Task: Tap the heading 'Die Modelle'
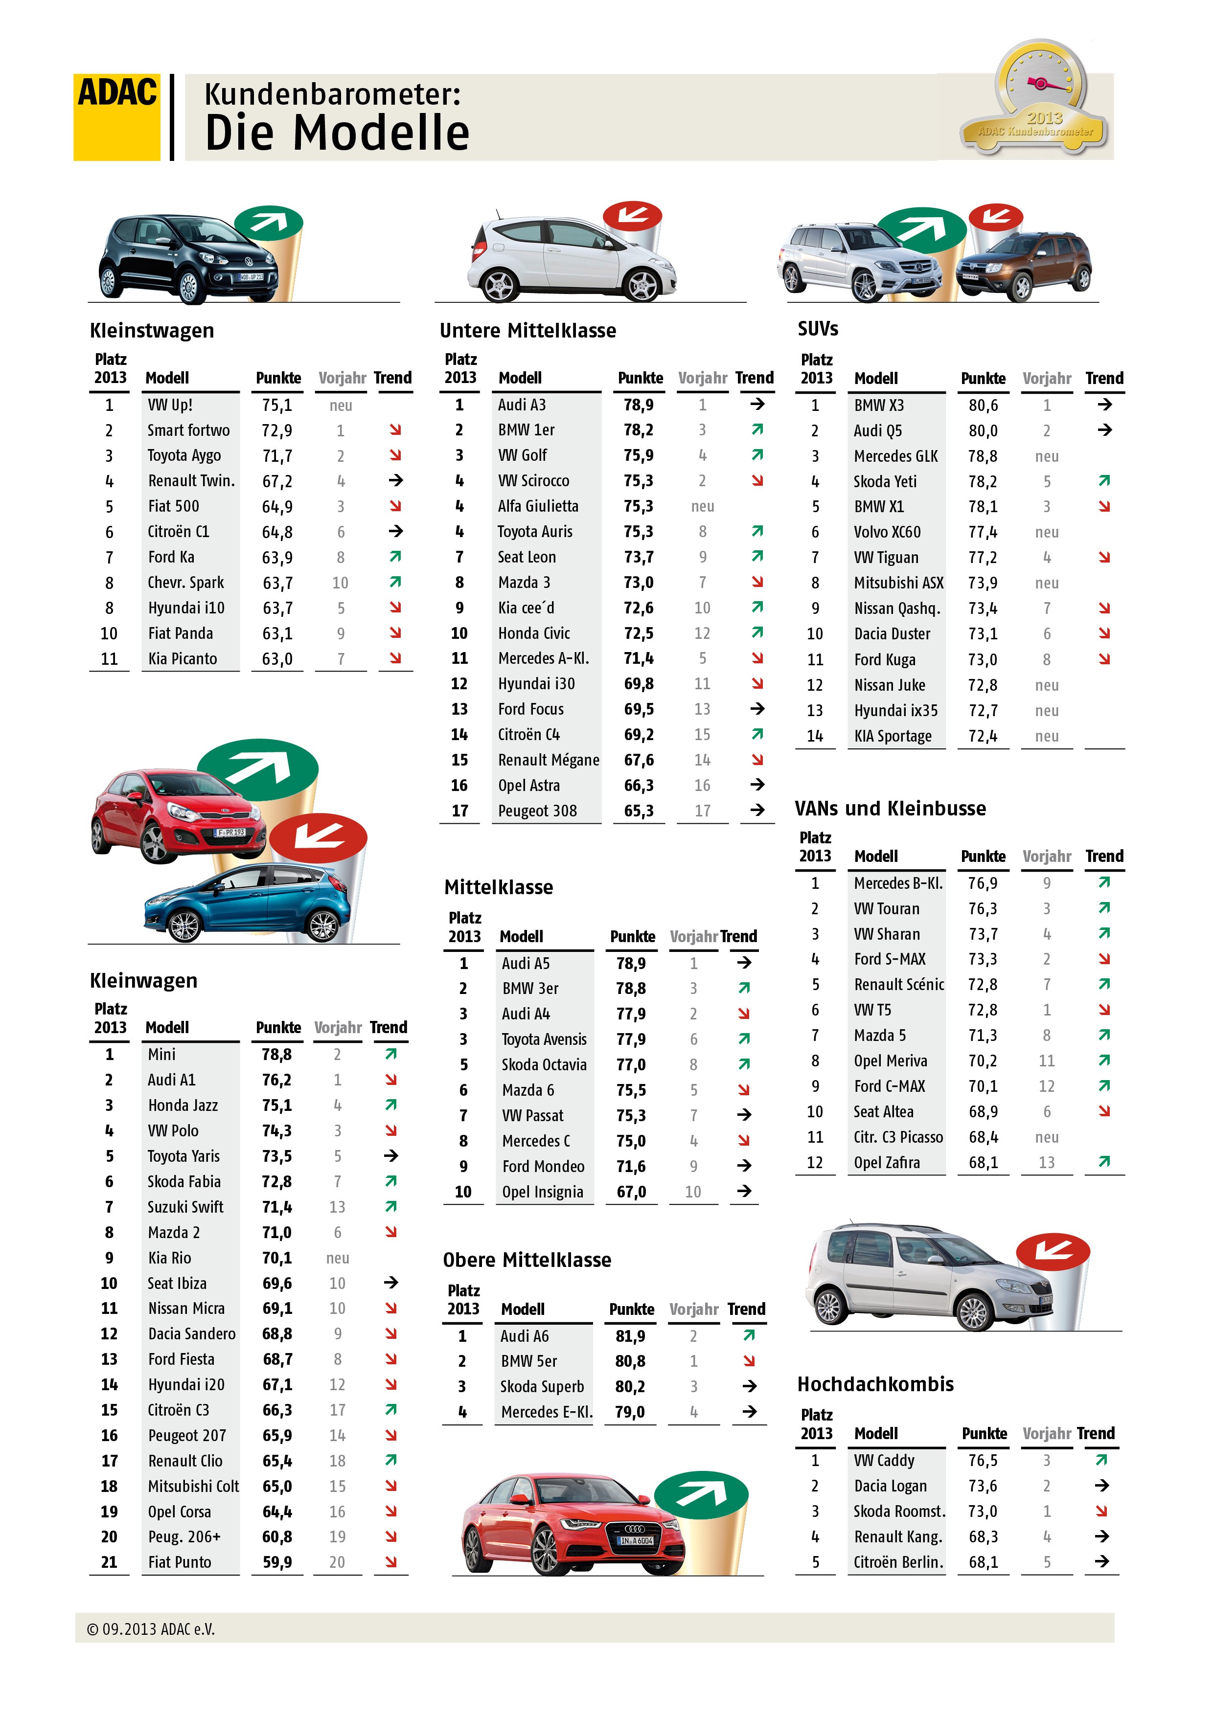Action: click(x=337, y=133)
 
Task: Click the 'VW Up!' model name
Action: click(x=170, y=405)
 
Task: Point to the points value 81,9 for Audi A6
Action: click(x=630, y=1335)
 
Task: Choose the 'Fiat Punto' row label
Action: click(x=180, y=1562)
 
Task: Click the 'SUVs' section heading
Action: click(x=818, y=329)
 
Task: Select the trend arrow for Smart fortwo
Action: click(x=395, y=430)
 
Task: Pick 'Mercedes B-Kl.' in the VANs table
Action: click(x=898, y=883)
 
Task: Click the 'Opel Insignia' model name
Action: click(x=542, y=1192)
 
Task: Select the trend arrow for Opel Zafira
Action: click(x=1104, y=1161)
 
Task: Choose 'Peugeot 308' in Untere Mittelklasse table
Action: click(x=537, y=811)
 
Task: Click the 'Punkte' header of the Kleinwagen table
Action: click(x=278, y=1028)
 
